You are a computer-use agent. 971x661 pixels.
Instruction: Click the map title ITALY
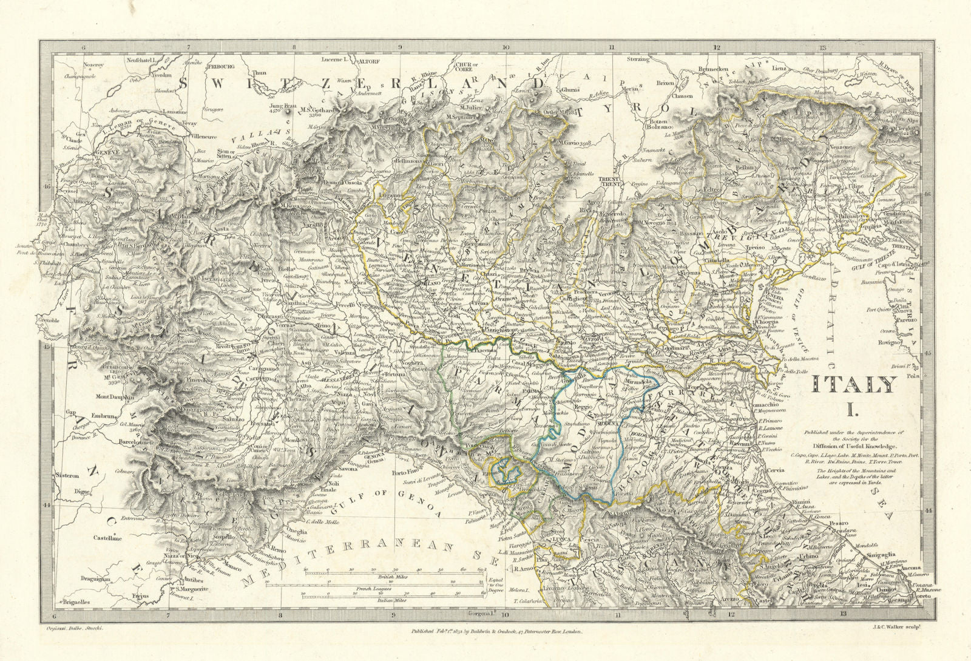coord(854,385)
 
